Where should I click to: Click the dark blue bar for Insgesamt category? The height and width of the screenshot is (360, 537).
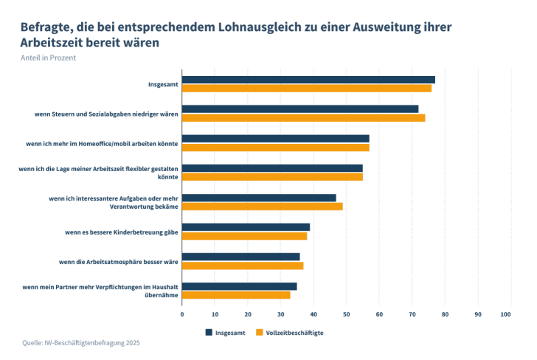[x=308, y=80]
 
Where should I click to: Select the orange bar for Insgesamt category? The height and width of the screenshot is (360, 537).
[x=307, y=89]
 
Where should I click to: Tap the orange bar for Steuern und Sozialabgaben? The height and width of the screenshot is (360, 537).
[x=303, y=118]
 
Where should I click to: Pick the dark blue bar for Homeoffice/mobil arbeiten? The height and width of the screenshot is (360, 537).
[x=276, y=139]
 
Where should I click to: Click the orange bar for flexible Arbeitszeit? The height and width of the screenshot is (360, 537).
[x=272, y=177]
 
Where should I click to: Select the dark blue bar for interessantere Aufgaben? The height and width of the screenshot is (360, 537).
[x=259, y=198]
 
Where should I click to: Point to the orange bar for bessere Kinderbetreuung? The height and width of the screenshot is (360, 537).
[x=244, y=236]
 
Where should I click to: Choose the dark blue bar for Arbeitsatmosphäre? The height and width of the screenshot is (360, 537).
[x=241, y=257]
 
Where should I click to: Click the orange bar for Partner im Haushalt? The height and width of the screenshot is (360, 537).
[x=236, y=295]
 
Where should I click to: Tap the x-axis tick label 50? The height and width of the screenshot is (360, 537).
[x=347, y=315]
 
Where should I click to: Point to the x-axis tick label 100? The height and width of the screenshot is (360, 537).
[x=506, y=315]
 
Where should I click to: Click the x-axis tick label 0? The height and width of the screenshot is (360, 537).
[x=182, y=315]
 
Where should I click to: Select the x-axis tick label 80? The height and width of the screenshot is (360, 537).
[x=445, y=315]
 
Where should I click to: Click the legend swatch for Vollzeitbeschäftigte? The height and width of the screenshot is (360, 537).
[x=259, y=332]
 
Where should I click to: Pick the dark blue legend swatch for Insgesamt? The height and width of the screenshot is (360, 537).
[x=209, y=332]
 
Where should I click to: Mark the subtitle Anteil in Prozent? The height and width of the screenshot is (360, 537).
[x=49, y=58]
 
